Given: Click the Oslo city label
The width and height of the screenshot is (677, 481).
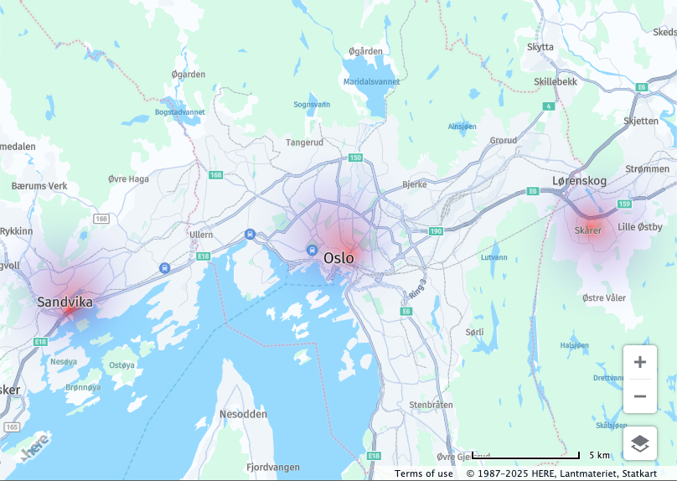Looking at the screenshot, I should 339,258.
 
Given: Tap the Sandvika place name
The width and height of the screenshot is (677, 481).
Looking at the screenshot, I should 65,302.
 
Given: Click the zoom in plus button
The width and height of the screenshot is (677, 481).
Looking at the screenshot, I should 640,362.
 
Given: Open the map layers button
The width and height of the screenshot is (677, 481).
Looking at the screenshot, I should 640,443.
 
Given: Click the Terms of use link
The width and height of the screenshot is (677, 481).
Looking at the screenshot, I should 424,473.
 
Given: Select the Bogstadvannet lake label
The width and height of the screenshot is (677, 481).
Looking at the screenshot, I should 179,112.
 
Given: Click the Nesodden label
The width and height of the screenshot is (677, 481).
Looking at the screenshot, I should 243,415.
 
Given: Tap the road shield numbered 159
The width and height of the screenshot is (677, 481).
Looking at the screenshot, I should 623,204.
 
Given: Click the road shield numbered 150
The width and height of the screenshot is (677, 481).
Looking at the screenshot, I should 355,158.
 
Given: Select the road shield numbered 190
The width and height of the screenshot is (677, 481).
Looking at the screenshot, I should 435,230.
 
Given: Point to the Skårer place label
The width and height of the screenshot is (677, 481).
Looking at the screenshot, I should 588,230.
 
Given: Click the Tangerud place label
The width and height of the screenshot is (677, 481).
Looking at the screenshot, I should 304,142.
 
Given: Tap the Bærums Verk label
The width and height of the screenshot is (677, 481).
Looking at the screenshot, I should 39,185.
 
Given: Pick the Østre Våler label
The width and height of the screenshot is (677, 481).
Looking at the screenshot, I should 603,298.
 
